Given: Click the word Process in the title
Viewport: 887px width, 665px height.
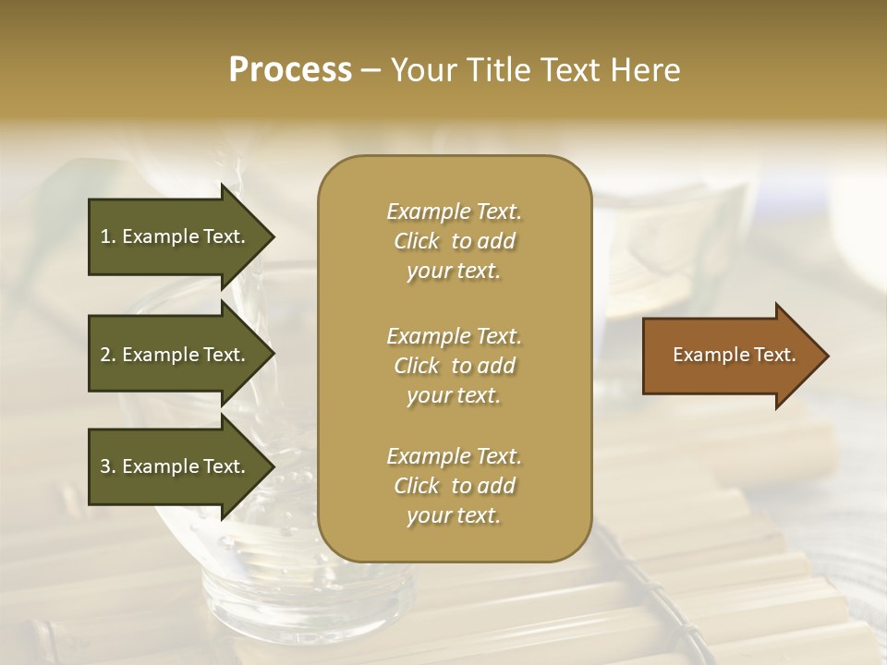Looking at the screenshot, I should coord(290,70).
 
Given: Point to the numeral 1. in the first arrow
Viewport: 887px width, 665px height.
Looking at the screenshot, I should coord(108,236).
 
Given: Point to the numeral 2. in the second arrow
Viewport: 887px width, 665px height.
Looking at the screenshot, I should coord(108,355).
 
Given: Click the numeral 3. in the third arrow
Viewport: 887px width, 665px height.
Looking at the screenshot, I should coord(108,466).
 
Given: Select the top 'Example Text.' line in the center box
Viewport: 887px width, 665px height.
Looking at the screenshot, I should coord(454,212).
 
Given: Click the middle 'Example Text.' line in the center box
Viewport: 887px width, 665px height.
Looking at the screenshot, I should coord(454,335).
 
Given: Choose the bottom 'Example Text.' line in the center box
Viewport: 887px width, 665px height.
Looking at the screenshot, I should coord(454,456).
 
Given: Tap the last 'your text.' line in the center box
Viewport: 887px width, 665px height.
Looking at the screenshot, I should coord(454,516).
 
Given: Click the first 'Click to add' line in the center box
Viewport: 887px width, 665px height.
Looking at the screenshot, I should coord(454,241).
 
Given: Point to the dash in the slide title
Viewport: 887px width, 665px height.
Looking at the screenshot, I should coord(371,71).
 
